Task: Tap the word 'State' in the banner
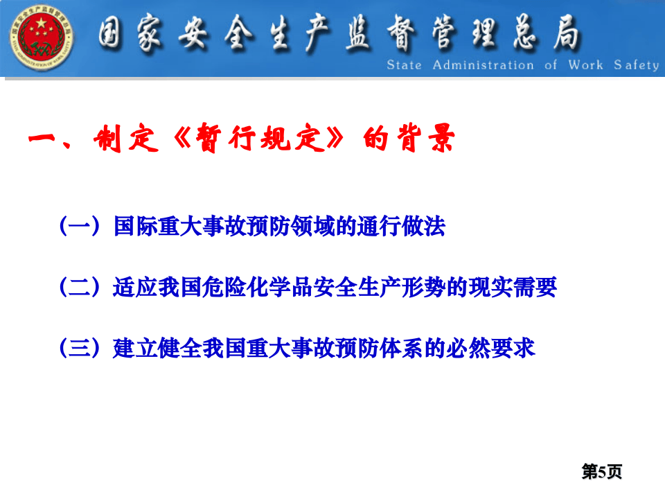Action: [404, 65]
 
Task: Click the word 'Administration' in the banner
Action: [483, 65]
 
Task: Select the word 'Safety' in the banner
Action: [636, 65]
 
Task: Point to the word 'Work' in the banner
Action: [585, 65]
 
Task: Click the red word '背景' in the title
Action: [426, 141]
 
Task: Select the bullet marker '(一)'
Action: [81, 227]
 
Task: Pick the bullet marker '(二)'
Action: [81, 288]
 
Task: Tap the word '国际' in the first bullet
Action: [135, 227]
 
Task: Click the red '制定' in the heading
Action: [122, 141]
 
